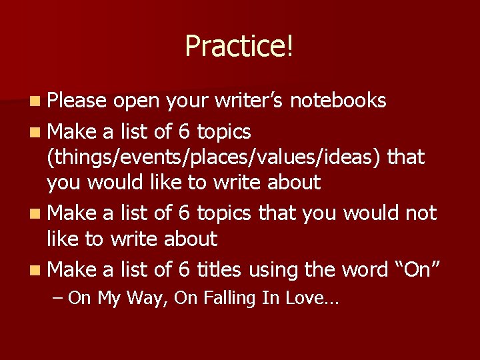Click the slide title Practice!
239,46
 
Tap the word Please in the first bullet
77,101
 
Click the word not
423,213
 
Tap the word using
273,271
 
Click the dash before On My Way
57,299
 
